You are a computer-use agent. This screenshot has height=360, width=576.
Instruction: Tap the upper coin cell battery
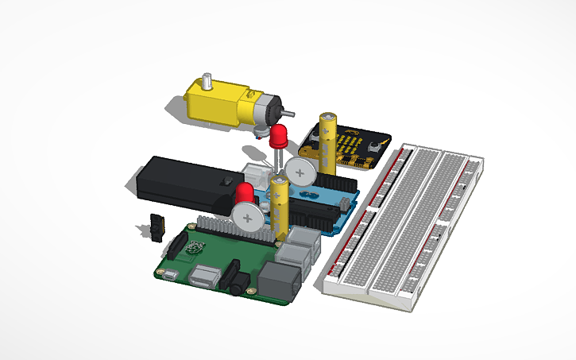pos(302,169)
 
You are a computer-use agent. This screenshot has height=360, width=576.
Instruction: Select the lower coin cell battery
pos(249,215)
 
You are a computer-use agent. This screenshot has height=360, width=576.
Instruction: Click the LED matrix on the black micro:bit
pos(349,146)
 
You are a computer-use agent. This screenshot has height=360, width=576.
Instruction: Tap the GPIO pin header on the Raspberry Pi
pos(230,231)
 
